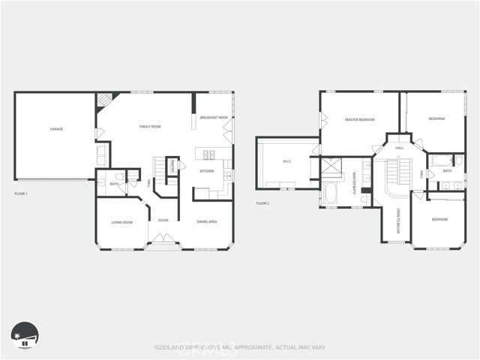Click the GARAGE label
coord(56,129)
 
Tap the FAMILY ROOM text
coord(150,127)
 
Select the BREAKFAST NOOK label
coord(214,118)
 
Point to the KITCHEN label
coord(206,171)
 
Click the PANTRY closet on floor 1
coord(172,166)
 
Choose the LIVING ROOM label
coord(122,222)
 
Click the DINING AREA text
coord(207,222)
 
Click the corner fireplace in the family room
coord(103,100)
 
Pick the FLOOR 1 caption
coord(21,194)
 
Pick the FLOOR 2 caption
coord(262,203)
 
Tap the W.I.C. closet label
coord(286,161)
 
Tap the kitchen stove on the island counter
coord(208,154)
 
